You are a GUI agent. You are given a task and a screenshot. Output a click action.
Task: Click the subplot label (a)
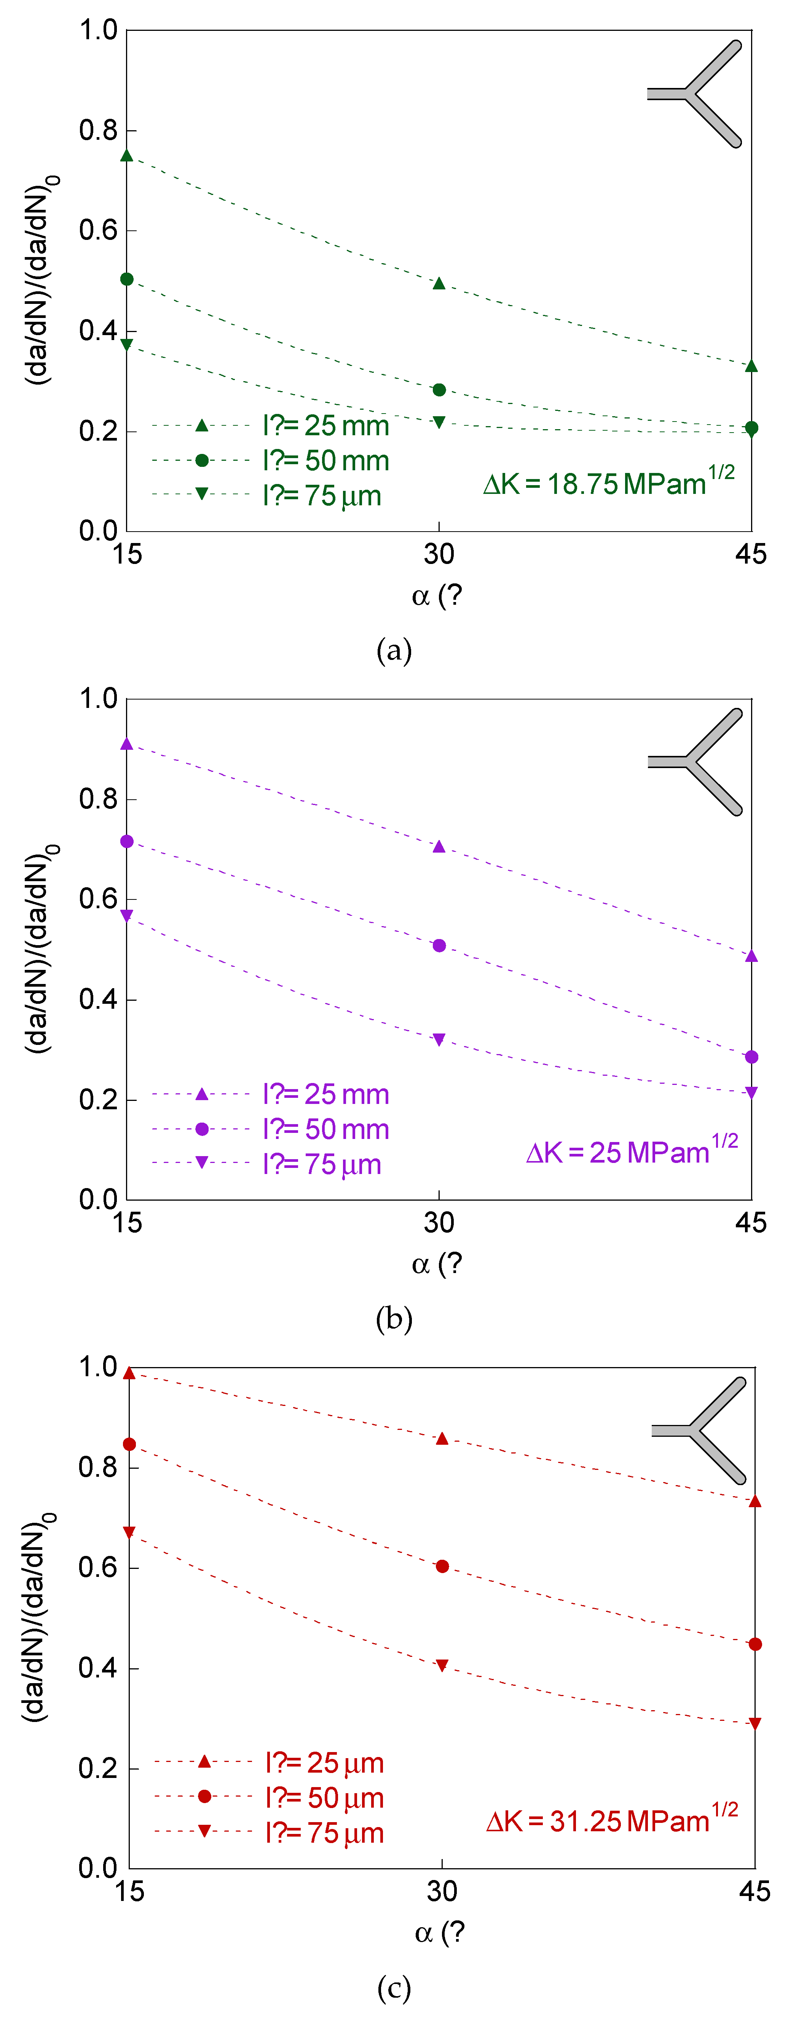pos(394,650)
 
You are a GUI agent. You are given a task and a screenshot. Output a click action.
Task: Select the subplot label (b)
pos(394,1319)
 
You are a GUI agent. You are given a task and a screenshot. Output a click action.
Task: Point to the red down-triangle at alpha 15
pos(129,1532)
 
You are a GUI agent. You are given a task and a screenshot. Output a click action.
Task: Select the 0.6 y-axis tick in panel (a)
pos(98,230)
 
